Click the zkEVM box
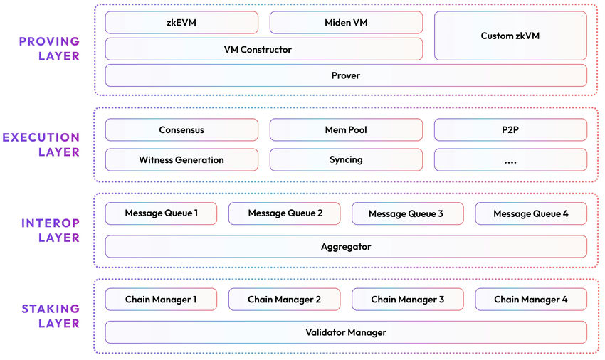181,23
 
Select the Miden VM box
346,23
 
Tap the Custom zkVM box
510,36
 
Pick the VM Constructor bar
263,49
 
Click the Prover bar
346,75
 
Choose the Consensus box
181,130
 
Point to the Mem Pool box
346,130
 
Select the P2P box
510,130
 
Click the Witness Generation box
181,160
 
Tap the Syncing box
346,160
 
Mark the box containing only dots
510,160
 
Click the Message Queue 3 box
407,213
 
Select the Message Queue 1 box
161,213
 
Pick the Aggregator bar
346,247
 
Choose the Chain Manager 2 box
284,300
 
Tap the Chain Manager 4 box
531,300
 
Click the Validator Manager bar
346,332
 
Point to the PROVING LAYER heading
49,49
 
